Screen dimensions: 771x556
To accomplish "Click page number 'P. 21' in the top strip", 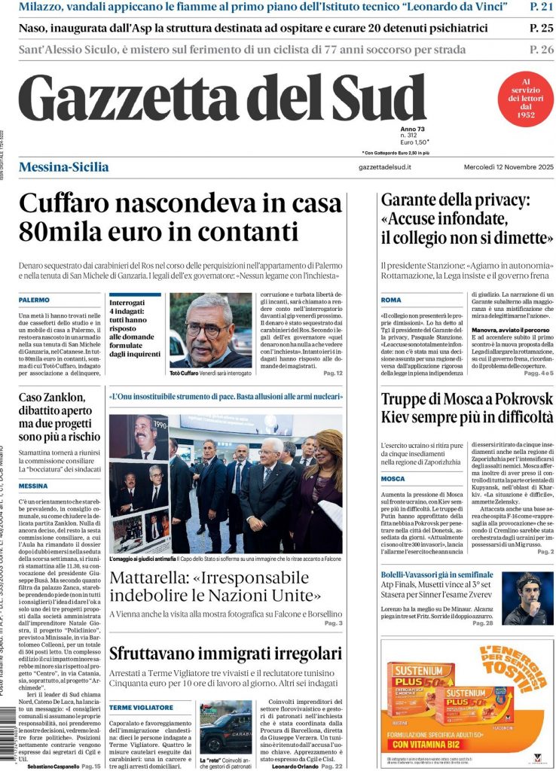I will [x=541, y=7].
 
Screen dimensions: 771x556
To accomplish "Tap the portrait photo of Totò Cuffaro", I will [x=211, y=329].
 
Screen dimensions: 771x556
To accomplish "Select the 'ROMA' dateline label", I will [x=391, y=300].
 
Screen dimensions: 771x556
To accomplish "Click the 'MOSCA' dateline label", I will [x=393, y=478].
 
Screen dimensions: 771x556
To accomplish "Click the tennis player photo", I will [x=527, y=598].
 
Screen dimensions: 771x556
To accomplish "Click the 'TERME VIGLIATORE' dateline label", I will [x=141, y=708].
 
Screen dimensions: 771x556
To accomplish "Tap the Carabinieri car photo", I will [x=226, y=726].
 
